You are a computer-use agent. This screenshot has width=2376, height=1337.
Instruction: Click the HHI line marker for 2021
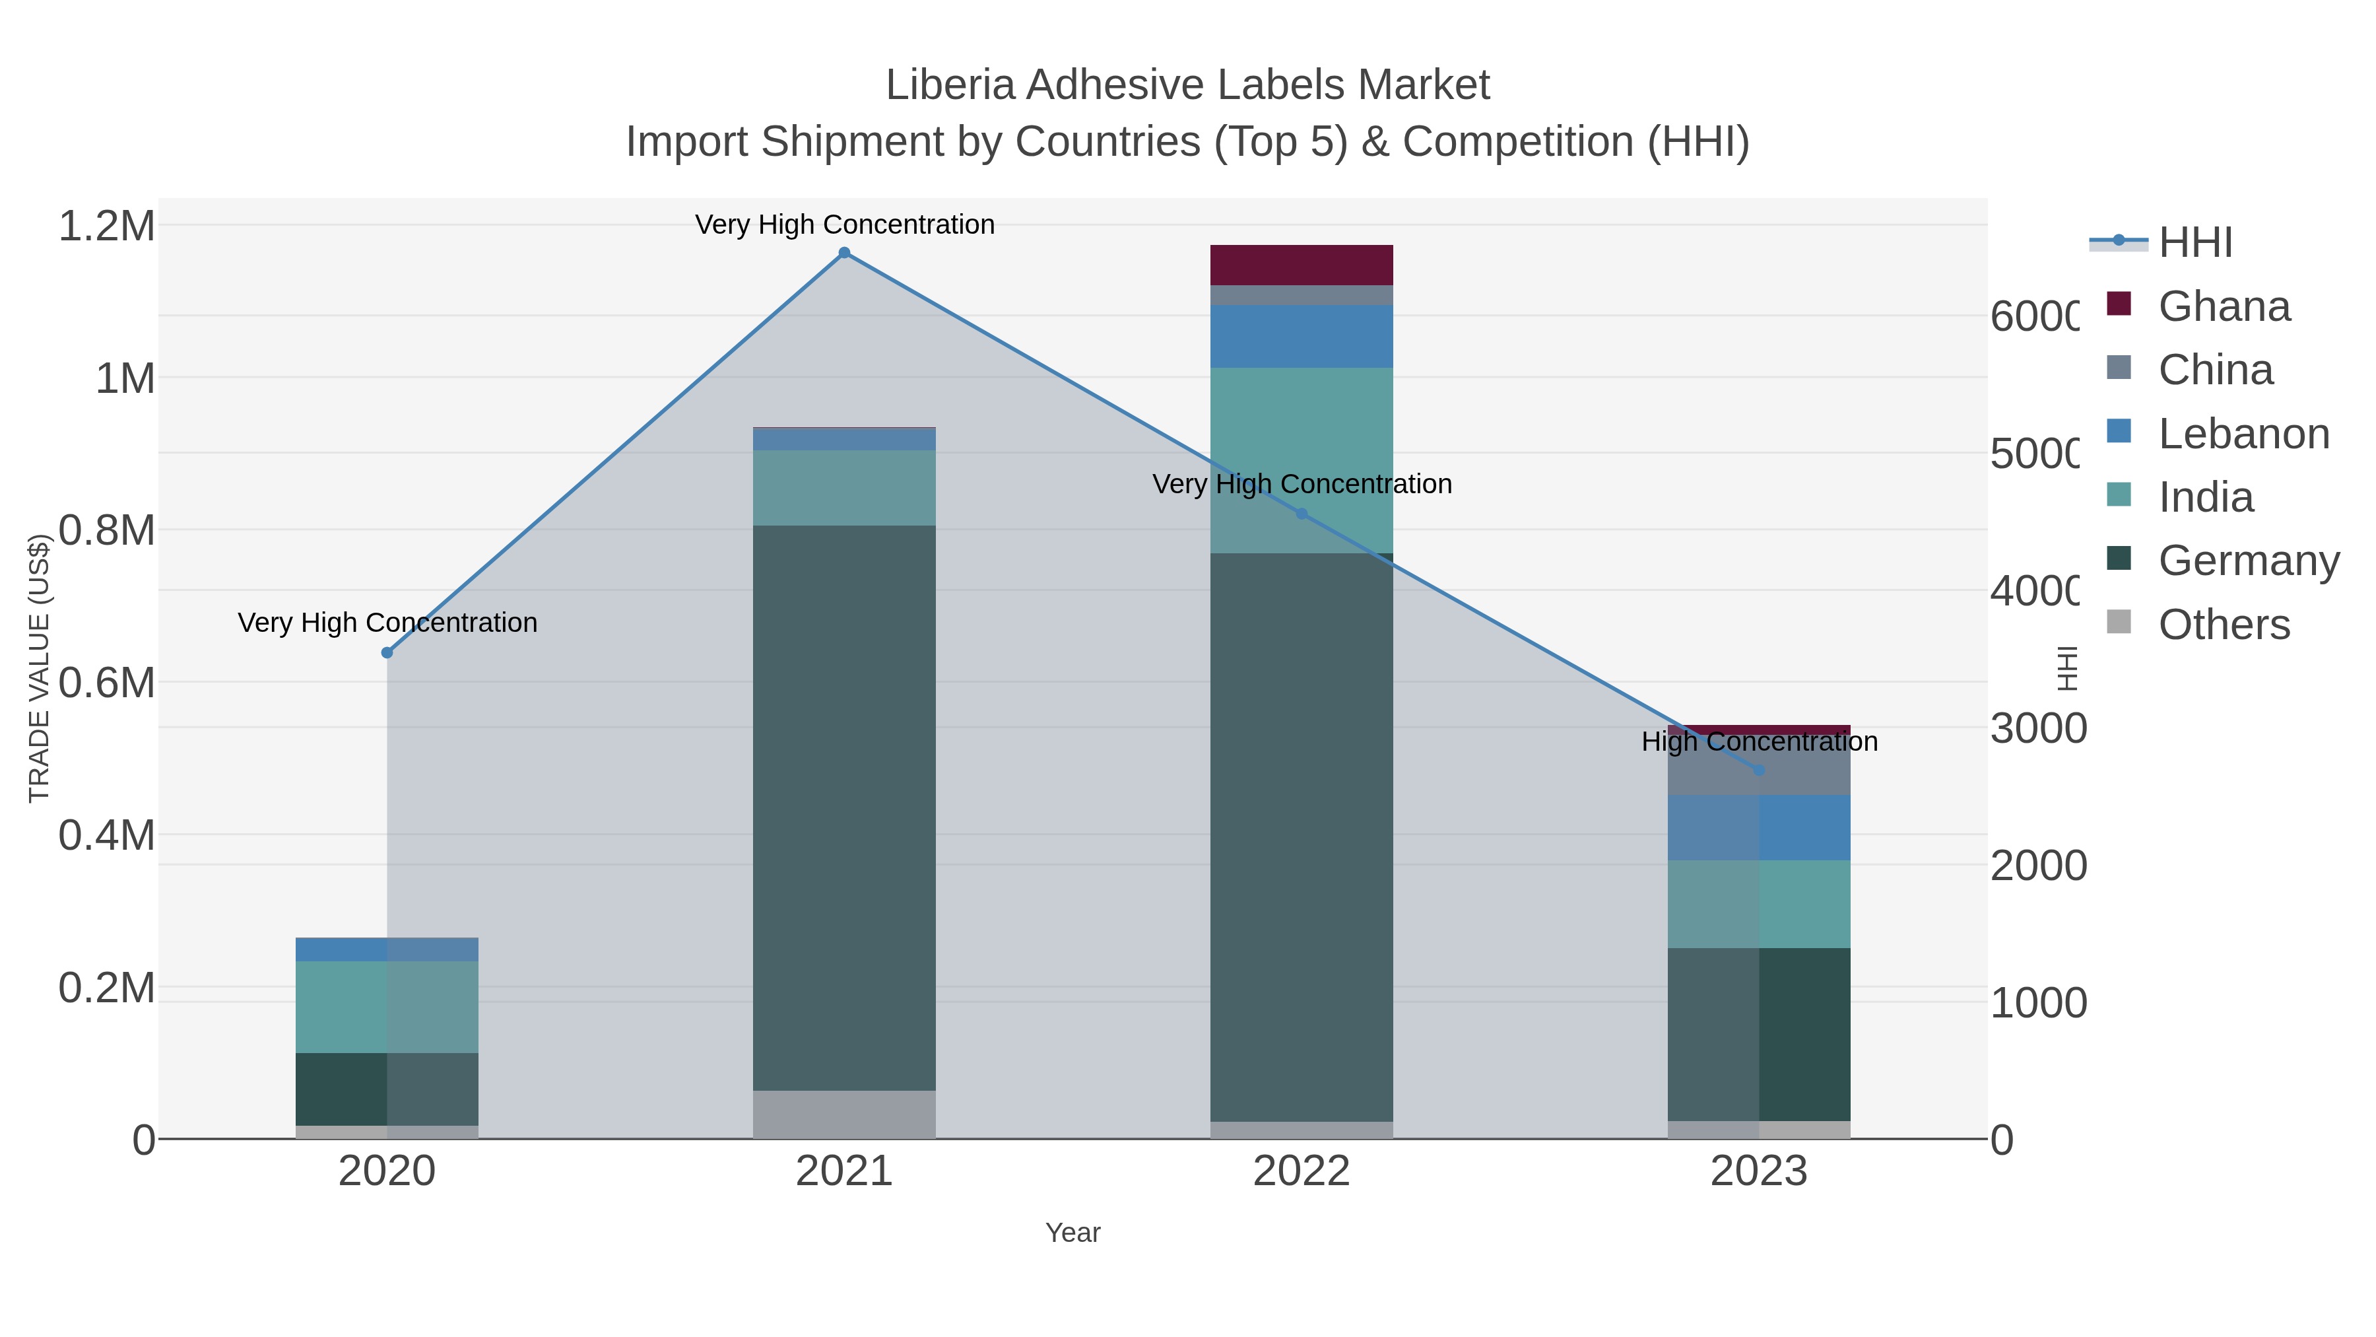tap(844, 253)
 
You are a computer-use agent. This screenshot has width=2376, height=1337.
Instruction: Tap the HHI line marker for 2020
tap(387, 652)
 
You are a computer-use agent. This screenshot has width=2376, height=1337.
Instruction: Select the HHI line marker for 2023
tap(1759, 770)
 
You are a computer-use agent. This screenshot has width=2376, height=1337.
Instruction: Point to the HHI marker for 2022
tap(1302, 514)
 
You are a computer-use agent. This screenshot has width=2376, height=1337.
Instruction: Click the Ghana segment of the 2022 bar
tap(1302, 265)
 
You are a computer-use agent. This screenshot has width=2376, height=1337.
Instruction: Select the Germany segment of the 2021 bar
tap(844, 807)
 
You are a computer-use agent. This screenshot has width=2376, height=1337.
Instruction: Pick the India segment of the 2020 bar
tap(387, 1007)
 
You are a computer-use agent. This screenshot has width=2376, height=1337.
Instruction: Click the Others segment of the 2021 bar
tap(844, 1114)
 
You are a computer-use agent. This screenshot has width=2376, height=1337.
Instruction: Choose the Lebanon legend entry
tap(2243, 434)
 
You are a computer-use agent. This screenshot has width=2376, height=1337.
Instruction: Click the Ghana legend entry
tap(2223, 306)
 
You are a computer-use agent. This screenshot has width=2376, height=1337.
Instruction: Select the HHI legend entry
tap(2195, 243)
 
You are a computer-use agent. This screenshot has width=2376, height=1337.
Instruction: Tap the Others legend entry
tap(2223, 625)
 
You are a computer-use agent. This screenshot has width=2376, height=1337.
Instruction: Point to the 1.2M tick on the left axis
tap(107, 226)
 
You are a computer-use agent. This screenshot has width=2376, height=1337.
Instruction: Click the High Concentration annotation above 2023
tap(1759, 742)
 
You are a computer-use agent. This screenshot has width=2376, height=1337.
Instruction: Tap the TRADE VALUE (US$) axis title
tap(39, 668)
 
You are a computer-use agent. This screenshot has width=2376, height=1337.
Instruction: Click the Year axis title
tap(1072, 1233)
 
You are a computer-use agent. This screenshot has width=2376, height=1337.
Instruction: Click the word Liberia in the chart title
tap(950, 85)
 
